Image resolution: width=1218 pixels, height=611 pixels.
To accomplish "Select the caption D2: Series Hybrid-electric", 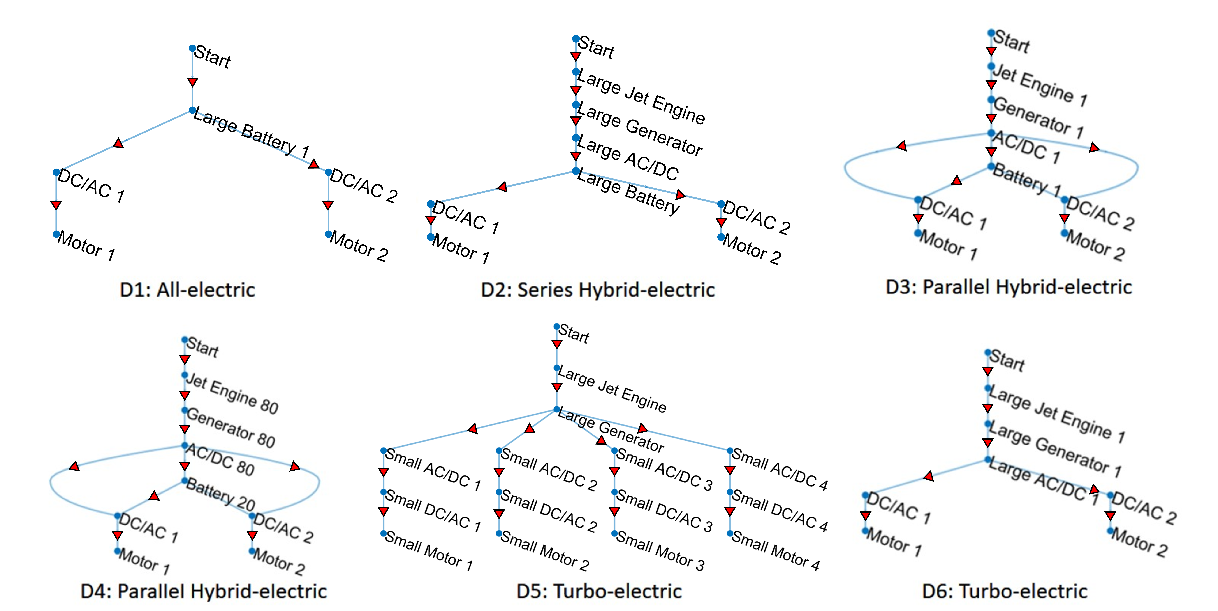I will click(x=598, y=290).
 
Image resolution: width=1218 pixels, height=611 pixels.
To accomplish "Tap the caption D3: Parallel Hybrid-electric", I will click(x=1009, y=287).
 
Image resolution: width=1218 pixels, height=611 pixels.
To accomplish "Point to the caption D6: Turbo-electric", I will click(x=1005, y=591).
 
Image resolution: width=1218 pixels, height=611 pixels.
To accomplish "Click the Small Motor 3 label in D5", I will click(x=661, y=551).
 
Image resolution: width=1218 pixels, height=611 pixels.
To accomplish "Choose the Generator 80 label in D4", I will click(x=231, y=428).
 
